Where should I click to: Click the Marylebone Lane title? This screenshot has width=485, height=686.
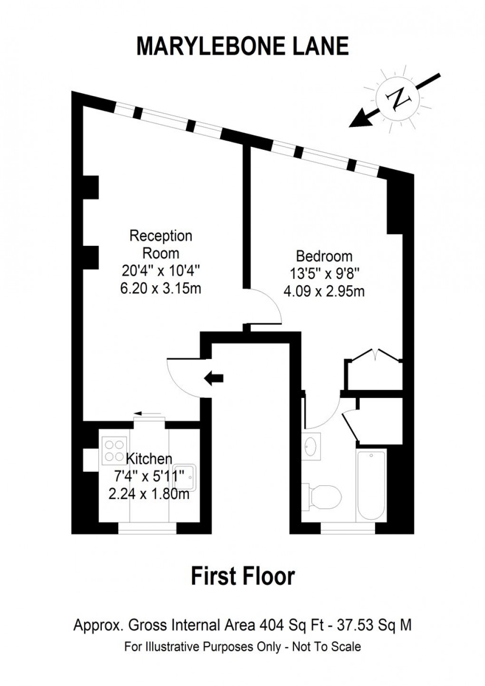tap(242, 46)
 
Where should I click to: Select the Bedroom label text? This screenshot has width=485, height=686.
tap(324, 256)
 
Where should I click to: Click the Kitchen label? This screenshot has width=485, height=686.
tap(149, 459)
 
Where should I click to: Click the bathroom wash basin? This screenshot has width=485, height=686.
tap(311, 446)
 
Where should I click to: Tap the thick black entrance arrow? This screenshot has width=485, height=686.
tap(214, 378)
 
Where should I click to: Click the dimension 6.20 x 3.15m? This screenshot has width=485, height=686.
tap(161, 289)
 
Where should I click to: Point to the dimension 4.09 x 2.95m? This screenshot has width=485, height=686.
tap(324, 292)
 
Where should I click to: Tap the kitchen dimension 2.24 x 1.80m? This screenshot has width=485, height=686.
tap(149, 494)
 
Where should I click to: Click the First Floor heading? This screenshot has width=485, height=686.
tap(242, 576)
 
